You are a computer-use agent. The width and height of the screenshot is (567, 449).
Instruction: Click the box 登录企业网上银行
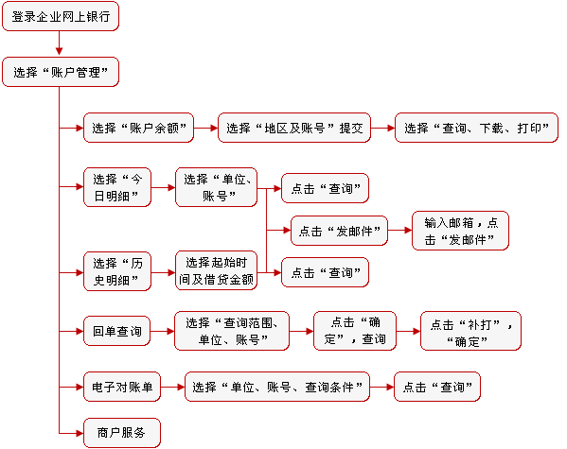pos(61,16)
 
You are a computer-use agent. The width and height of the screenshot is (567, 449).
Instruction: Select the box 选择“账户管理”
pos(61,72)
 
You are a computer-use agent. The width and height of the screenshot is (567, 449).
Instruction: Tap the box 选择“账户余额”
pos(138,128)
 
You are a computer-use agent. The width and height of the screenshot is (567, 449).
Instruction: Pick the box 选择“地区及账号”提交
pos(294,128)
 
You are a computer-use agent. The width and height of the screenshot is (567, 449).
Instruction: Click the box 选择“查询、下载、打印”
pos(476,128)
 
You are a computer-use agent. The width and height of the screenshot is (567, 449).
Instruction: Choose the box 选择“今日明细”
pos(117,187)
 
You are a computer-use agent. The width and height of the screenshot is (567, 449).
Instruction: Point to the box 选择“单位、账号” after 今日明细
pos(216,187)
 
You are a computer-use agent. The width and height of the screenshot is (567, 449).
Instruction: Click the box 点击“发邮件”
pos(339,231)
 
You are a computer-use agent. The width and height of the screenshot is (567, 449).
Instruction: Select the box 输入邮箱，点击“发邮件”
pos(460,231)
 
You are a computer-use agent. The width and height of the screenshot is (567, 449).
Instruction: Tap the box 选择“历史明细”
pos(117,271)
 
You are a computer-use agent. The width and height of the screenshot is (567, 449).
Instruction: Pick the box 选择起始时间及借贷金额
pos(216,270)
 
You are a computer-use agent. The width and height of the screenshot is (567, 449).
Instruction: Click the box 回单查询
pos(116,331)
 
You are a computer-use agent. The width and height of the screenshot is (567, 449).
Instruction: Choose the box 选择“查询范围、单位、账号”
pos(232,331)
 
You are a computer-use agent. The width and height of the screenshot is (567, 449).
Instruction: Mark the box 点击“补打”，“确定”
pos(470,331)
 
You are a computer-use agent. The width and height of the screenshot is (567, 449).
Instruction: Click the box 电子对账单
pos(122,387)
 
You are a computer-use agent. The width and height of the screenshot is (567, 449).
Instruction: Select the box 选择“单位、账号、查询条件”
pos(277,387)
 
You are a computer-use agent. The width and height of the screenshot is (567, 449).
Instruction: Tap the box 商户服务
pos(122,433)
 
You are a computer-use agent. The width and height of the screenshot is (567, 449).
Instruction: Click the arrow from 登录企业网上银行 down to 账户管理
pos(60,43)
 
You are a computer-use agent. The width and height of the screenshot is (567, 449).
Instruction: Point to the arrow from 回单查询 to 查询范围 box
pos(163,331)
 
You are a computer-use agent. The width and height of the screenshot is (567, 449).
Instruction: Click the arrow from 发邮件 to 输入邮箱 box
pos(400,230)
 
